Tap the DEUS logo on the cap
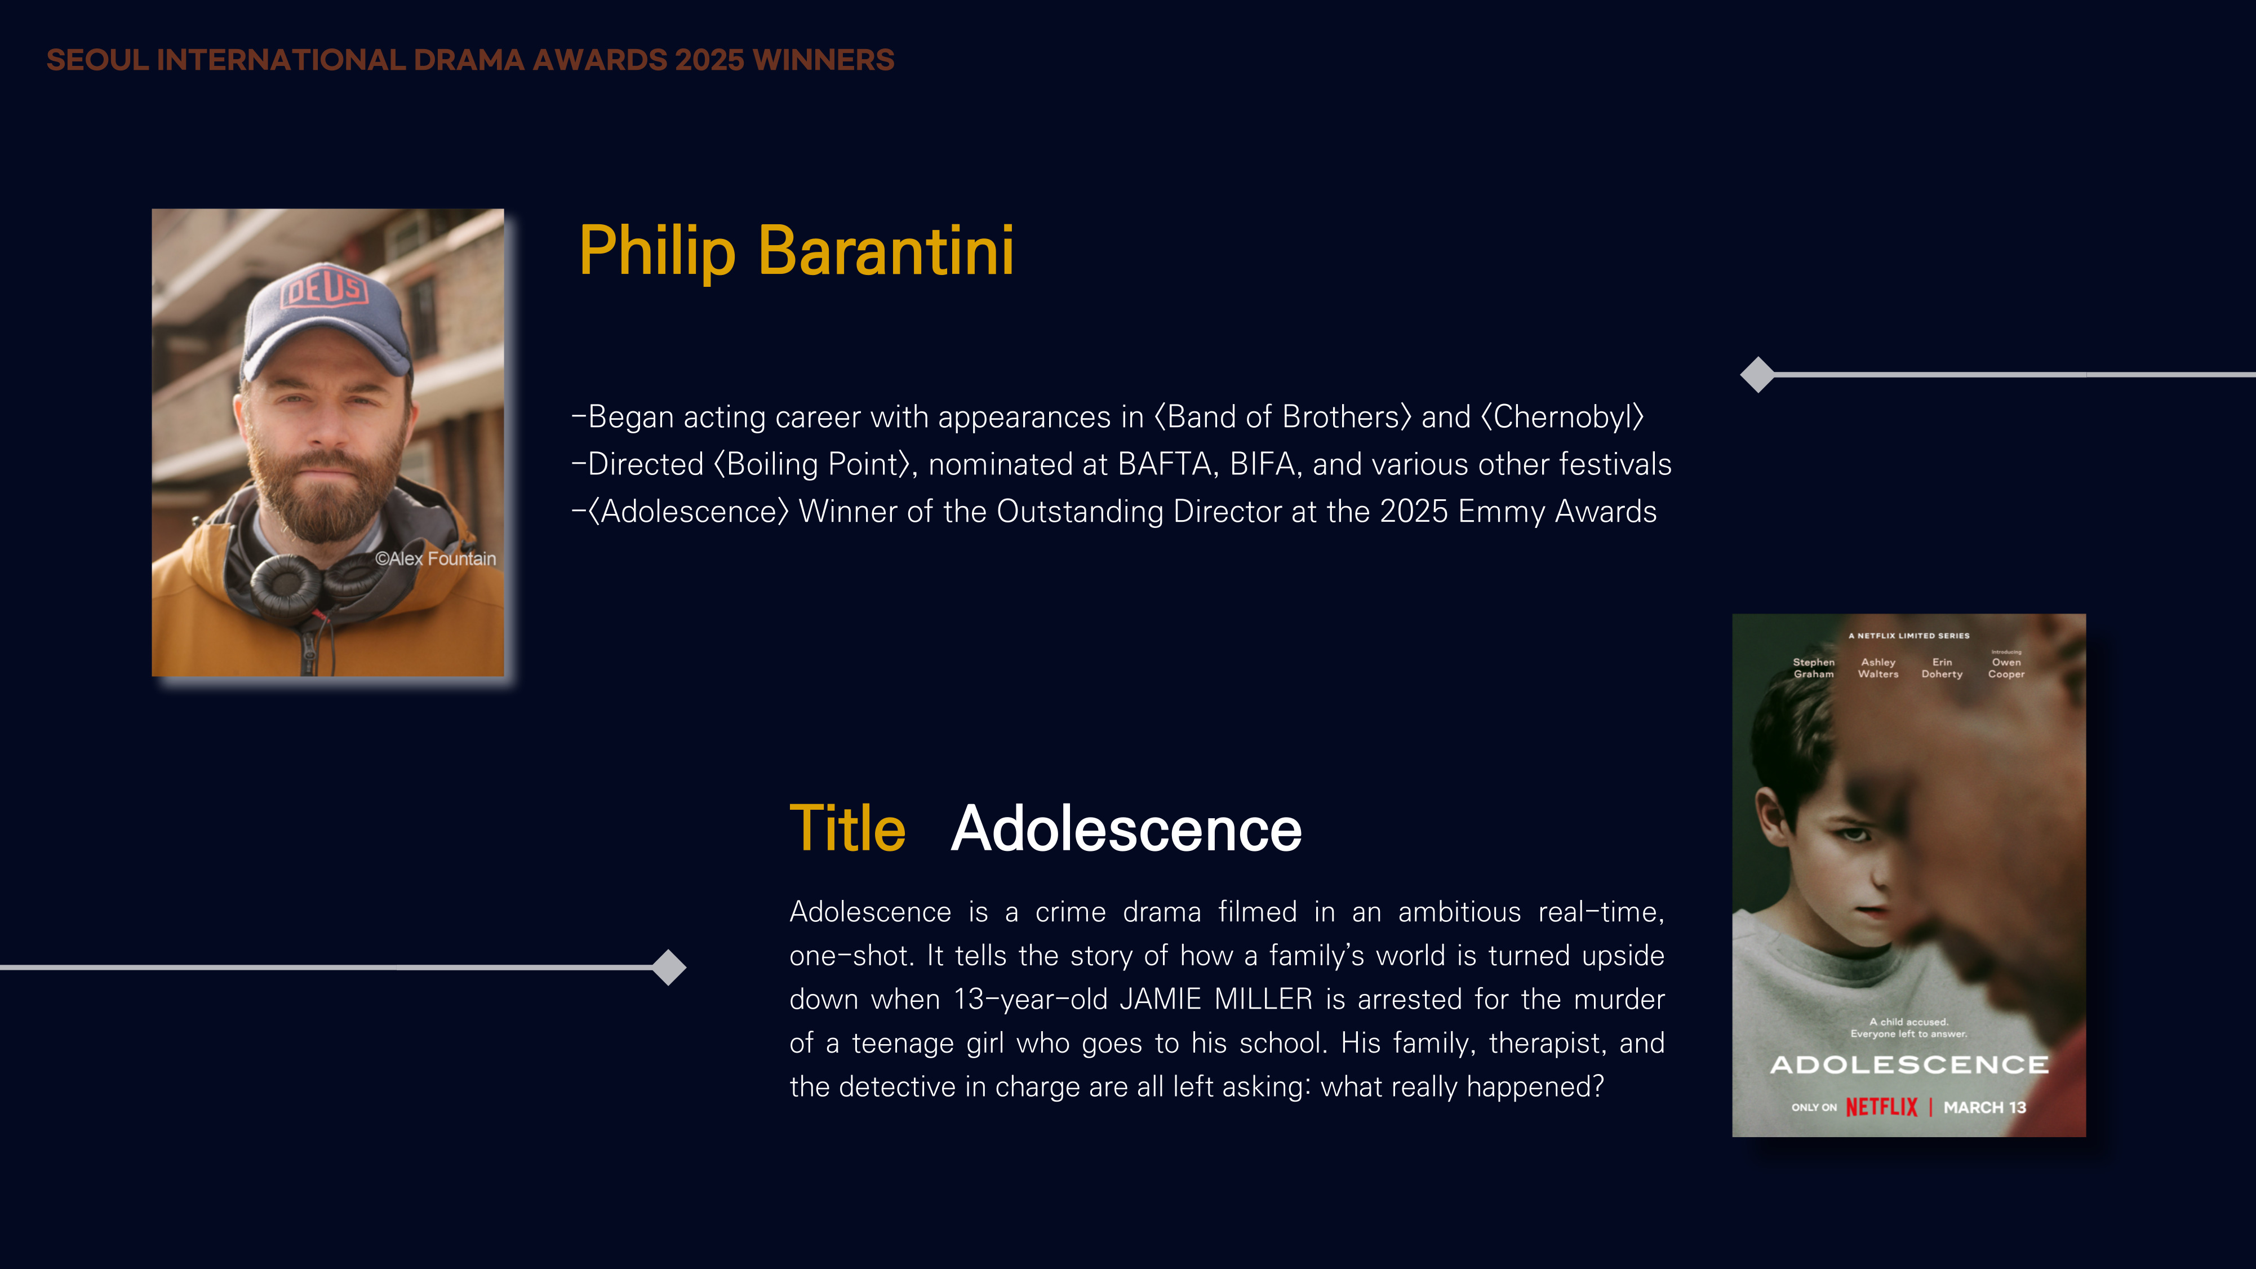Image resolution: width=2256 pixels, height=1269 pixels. point(324,289)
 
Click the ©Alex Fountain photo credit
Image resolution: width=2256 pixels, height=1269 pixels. point(436,559)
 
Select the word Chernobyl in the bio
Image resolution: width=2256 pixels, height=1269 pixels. point(1564,418)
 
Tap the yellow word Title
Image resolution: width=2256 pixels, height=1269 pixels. point(847,828)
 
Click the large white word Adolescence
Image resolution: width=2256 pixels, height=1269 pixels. point(1126,828)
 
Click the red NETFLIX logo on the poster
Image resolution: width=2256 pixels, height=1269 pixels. point(1881,1107)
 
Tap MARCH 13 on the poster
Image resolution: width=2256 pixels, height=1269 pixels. point(1984,1108)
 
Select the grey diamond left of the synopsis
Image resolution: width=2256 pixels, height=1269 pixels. point(669,968)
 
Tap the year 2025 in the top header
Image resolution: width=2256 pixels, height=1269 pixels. point(709,60)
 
